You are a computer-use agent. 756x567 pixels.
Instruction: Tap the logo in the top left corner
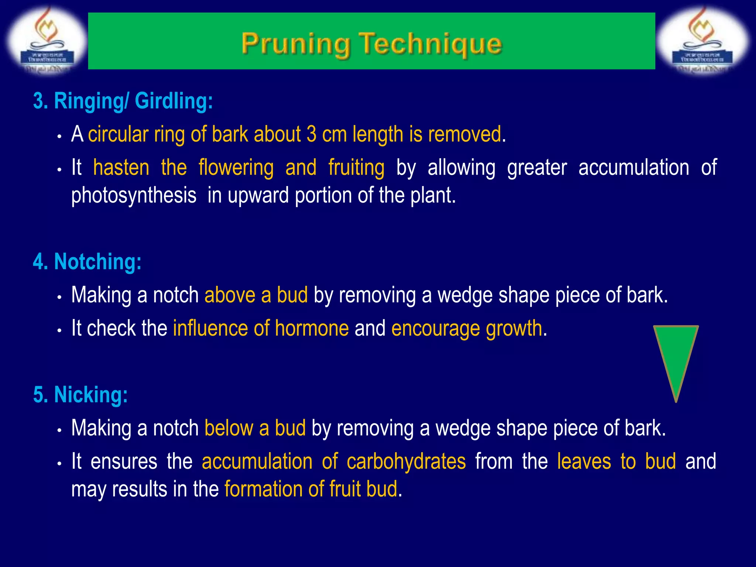(47, 41)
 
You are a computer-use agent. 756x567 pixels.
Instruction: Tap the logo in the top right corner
(704, 41)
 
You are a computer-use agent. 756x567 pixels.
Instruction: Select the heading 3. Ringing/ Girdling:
(123, 101)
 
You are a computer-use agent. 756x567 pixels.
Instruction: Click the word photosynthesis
(134, 195)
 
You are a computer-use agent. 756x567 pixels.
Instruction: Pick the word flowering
(236, 168)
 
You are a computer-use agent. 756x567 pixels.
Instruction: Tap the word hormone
(312, 328)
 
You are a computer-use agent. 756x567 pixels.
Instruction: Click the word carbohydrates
(406, 461)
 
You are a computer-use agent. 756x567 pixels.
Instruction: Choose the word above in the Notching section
(230, 295)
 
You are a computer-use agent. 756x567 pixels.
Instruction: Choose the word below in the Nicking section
(228, 428)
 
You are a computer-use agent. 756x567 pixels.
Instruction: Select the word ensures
(124, 461)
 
